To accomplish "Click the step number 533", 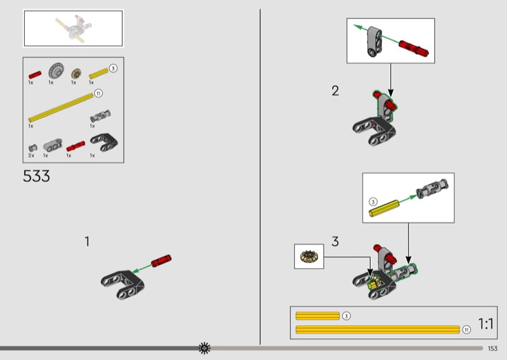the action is point(36,176).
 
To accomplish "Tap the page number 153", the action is point(492,349).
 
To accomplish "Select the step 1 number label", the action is point(87,241).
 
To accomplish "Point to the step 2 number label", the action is point(335,91).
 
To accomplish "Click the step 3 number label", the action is point(335,241).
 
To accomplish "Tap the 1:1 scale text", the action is point(485,324).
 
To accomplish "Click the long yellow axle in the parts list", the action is point(61,107).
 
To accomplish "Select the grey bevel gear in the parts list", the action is point(56,71).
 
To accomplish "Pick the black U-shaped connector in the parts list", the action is point(104,143).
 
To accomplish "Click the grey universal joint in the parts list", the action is point(100,116).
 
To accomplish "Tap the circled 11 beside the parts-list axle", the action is point(98,93).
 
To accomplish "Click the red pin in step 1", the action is point(162,260).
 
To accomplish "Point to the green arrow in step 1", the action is point(142,269).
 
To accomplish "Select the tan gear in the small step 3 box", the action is point(309,256).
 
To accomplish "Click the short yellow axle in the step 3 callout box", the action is point(384,209).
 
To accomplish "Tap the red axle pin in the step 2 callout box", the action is point(414,48).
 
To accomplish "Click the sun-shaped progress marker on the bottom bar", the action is point(204,349).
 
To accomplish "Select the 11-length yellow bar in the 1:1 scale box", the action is point(378,330).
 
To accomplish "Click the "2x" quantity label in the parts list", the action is point(31,155).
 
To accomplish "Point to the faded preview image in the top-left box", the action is point(74,28).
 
